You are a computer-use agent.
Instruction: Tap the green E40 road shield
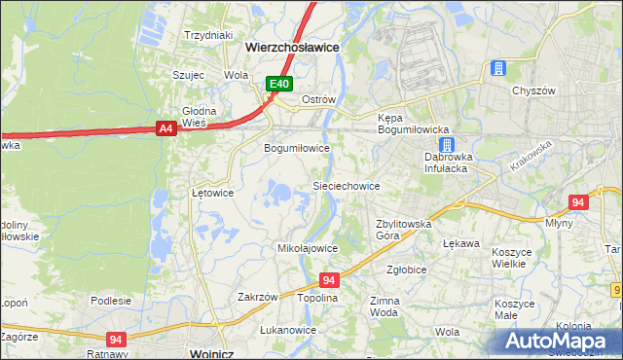(x=279, y=85)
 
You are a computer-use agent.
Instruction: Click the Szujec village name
(x=188, y=74)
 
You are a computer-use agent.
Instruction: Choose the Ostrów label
(x=318, y=100)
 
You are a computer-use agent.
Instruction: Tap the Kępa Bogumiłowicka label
(x=412, y=124)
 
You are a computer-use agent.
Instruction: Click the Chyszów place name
(x=532, y=90)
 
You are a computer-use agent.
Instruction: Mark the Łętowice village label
(x=212, y=193)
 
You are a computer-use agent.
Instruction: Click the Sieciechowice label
(x=345, y=185)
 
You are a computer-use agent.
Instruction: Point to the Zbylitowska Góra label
(x=403, y=230)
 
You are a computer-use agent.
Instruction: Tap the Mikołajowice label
(x=308, y=248)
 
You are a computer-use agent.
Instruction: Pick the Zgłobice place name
(x=407, y=270)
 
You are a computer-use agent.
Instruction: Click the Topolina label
(x=317, y=298)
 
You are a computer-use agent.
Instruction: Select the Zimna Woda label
(x=385, y=307)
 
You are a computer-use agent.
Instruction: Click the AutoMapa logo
(x=559, y=341)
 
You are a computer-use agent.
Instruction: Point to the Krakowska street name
(x=530, y=155)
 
